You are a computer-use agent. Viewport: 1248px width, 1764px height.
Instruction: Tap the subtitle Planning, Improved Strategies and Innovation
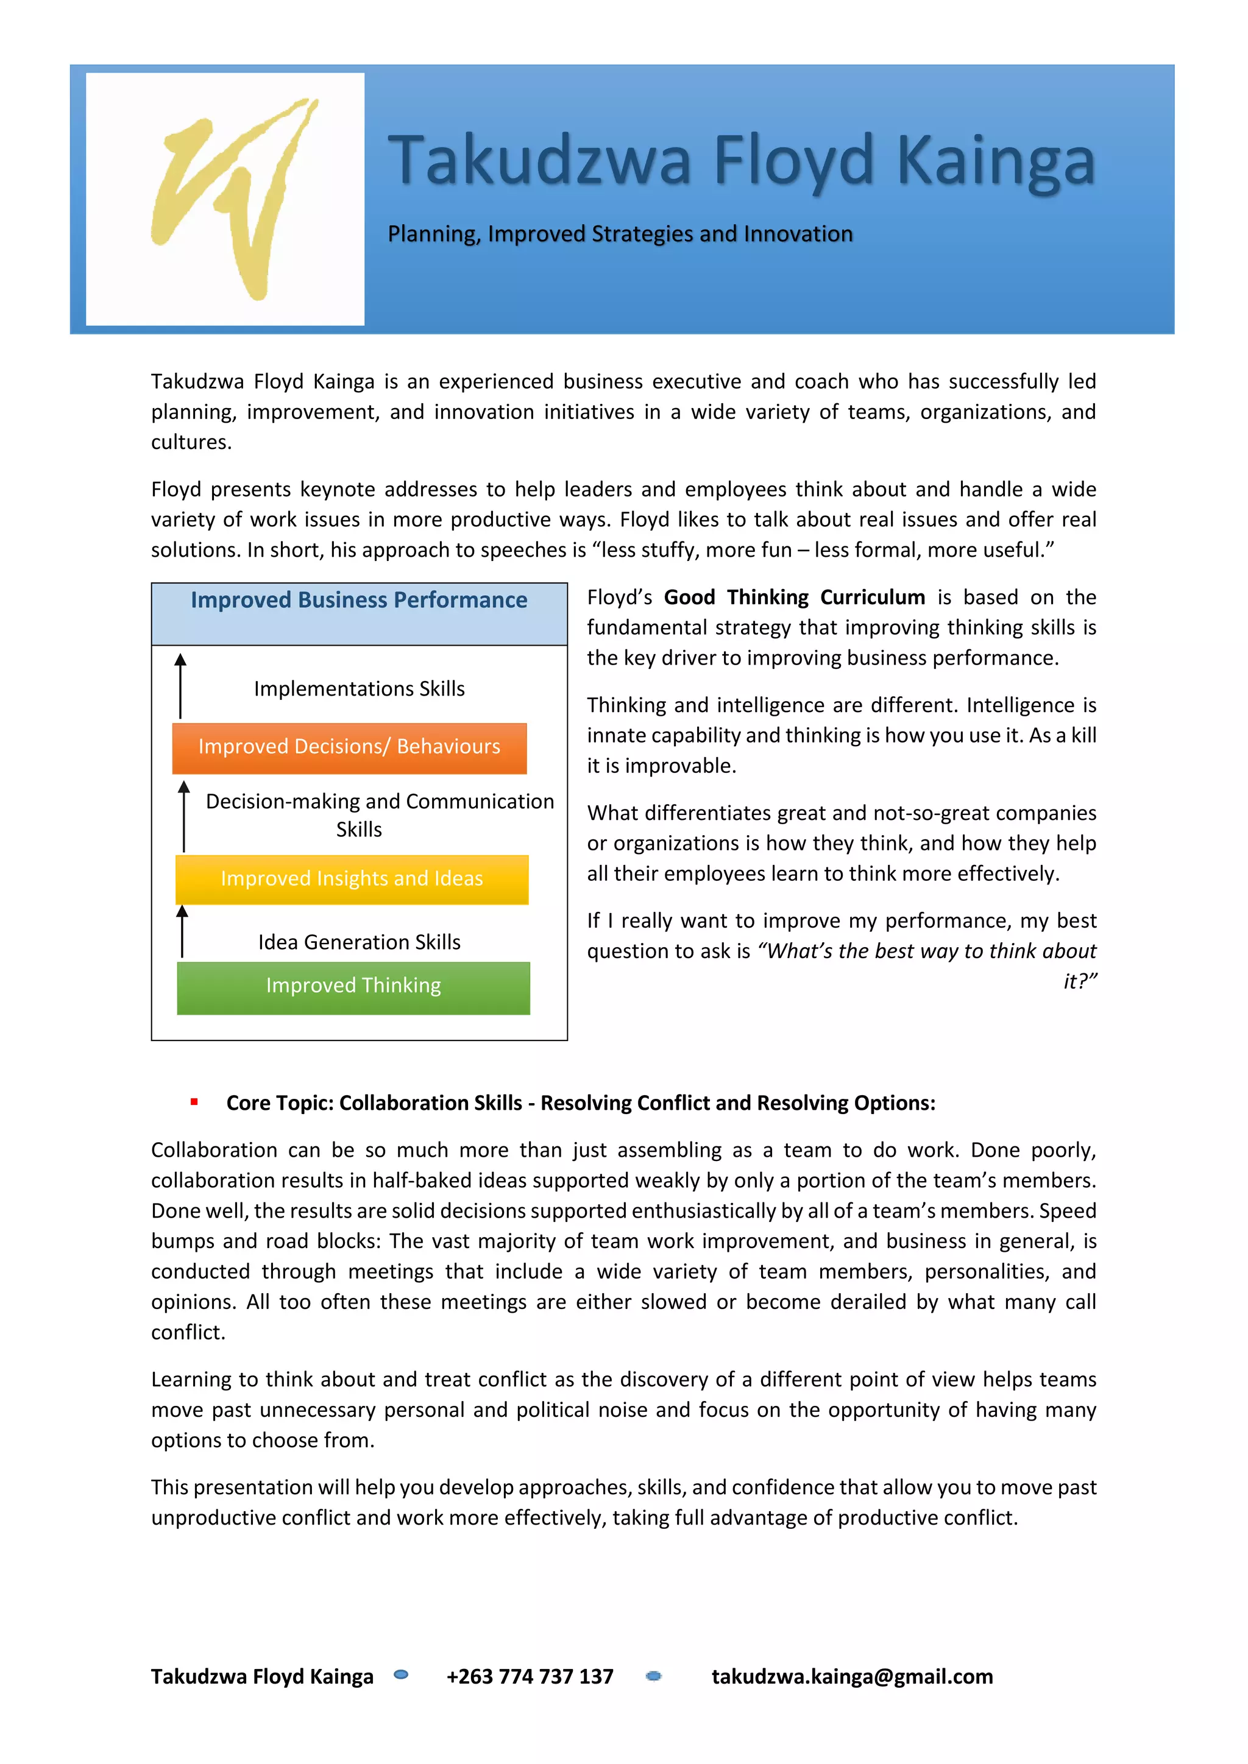[619, 233]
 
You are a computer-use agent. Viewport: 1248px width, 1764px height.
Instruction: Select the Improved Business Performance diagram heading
[359, 600]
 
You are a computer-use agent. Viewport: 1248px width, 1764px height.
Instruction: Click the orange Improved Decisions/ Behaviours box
[350, 747]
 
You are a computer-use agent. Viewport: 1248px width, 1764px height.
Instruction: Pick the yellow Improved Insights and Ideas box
[352, 879]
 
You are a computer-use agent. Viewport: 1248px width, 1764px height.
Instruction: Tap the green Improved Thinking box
[353, 987]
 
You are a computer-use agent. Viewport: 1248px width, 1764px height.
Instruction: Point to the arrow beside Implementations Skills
[180, 685]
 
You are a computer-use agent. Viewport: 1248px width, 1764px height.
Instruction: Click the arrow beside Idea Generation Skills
[182, 931]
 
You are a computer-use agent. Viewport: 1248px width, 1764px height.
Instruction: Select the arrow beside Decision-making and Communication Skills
[183, 816]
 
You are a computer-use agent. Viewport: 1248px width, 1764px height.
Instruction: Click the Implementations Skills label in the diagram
[359, 688]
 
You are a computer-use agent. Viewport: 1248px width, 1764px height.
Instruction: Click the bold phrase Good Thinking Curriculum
[794, 597]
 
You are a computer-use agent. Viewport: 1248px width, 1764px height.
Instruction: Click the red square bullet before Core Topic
[194, 1102]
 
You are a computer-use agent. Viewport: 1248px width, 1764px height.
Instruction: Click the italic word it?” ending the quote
[1079, 981]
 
